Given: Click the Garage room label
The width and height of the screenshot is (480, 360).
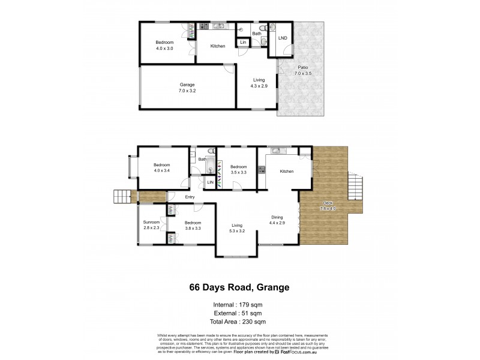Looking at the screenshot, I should pyautogui.click(x=187, y=85).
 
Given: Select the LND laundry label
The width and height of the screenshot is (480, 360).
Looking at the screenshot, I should pyautogui.click(x=283, y=38).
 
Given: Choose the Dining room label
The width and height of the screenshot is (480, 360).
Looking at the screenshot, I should pyautogui.click(x=277, y=217).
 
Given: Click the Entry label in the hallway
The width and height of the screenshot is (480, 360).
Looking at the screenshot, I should pyautogui.click(x=190, y=197).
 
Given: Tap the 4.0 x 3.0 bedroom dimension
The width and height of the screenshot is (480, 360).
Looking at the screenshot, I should pyautogui.click(x=164, y=48).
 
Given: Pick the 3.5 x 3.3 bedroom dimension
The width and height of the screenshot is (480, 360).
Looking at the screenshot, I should pyautogui.click(x=238, y=172).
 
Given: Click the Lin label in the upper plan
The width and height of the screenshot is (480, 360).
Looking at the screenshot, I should pyautogui.click(x=243, y=43).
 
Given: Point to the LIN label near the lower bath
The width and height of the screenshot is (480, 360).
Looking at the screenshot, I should pyautogui.click(x=210, y=182).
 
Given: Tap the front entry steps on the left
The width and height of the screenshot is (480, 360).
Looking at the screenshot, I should pyautogui.click(x=122, y=196).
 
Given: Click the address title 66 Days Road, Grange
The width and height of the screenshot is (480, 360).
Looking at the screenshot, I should pyautogui.click(x=239, y=287).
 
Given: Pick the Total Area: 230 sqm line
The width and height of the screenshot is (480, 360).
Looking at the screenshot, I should pyautogui.click(x=239, y=322).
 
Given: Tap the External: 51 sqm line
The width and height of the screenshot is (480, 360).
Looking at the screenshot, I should pyautogui.click(x=239, y=313).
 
